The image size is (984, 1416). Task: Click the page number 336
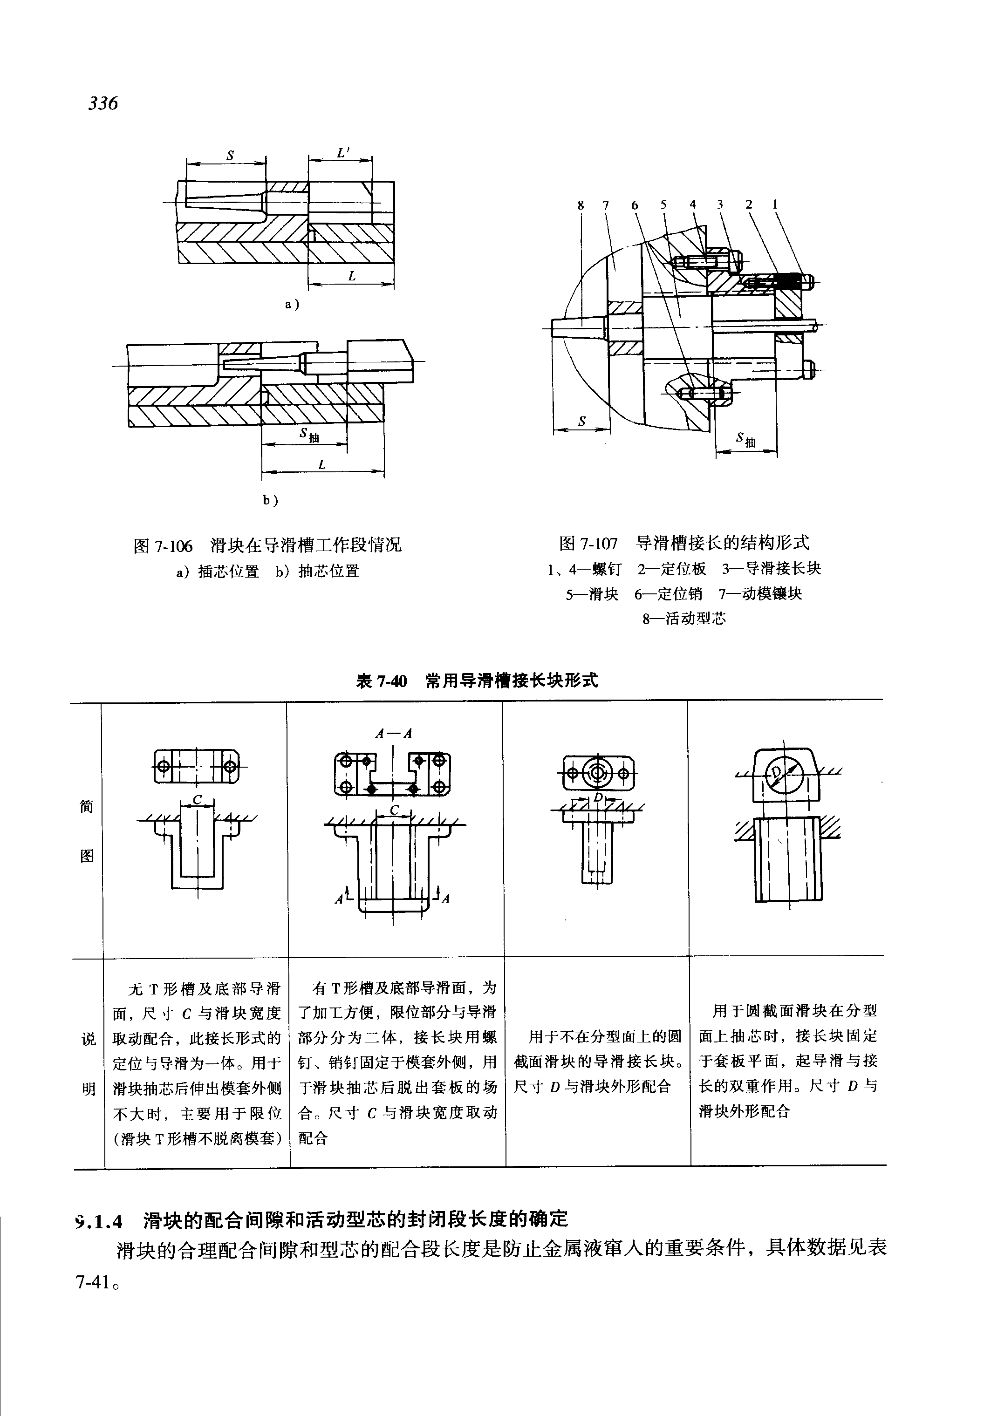click(x=103, y=103)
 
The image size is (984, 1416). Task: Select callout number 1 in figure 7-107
click(x=775, y=204)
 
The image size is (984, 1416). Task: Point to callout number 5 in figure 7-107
click(x=663, y=204)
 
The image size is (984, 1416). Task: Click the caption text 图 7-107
click(x=588, y=543)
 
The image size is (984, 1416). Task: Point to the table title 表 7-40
click(x=382, y=681)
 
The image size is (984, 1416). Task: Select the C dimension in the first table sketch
click(x=197, y=800)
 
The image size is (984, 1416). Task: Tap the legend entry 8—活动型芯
click(x=684, y=618)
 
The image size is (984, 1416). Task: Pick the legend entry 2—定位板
click(x=671, y=568)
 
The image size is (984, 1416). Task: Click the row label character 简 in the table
click(x=87, y=806)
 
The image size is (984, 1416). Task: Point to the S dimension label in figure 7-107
click(x=581, y=421)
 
